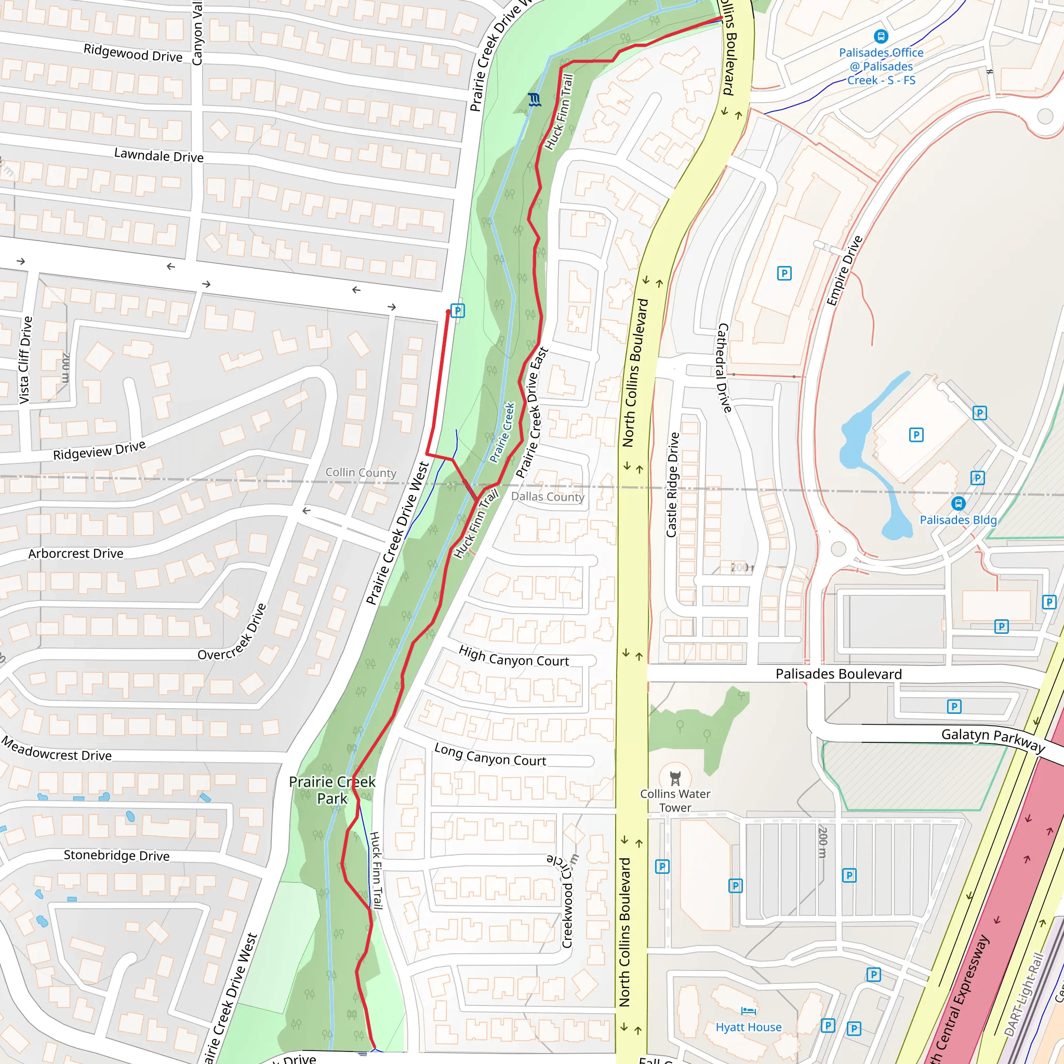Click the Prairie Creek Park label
pyautogui.click(x=332, y=790)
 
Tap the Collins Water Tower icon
pyautogui.click(x=675, y=778)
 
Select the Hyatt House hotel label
pyautogui.click(x=749, y=1027)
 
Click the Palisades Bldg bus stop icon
pyautogui.click(x=958, y=503)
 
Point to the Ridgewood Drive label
pyautogui.click(x=132, y=53)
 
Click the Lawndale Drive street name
pyautogui.click(x=158, y=155)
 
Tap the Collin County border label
pyautogui.click(x=361, y=473)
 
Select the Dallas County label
pyautogui.click(x=548, y=497)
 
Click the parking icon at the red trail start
pyautogui.click(x=458, y=311)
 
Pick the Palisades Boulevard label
pyautogui.click(x=838, y=674)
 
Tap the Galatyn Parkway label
pyautogui.click(x=992, y=740)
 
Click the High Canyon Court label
pyautogui.click(x=513, y=657)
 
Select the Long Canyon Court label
pyautogui.click(x=489, y=755)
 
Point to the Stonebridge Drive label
pyautogui.click(x=116, y=855)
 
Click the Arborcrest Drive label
pyautogui.click(x=75, y=553)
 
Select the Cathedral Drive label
pyautogui.click(x=724, y=368)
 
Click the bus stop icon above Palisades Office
pyautogui.click(x=881, y=36)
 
